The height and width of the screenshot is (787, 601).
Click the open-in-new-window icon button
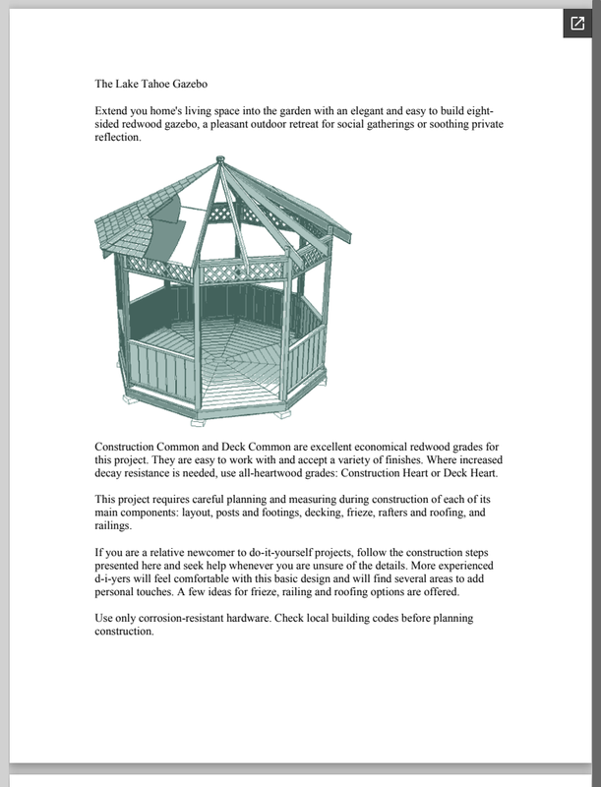(x=574, y=25)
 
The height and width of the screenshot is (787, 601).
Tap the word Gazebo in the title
(x=207, y=85)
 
